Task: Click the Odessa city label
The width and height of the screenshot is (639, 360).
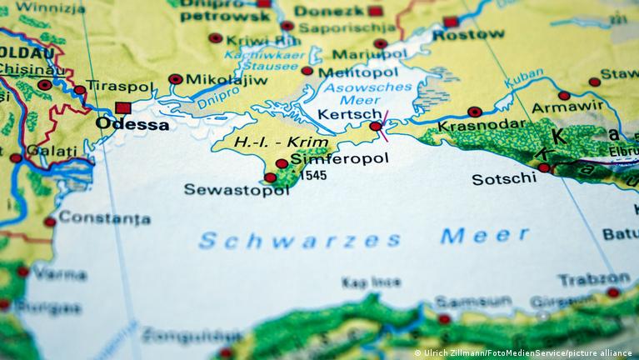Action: (132, 124)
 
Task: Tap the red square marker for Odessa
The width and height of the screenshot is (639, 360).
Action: (123, 107)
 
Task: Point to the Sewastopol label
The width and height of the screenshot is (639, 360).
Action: (224, 189)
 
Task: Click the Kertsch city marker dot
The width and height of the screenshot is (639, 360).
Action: (376, 127)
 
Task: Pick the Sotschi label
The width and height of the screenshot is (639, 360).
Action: (503, 179)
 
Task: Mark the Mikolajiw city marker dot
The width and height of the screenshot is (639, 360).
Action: (175, 79)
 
